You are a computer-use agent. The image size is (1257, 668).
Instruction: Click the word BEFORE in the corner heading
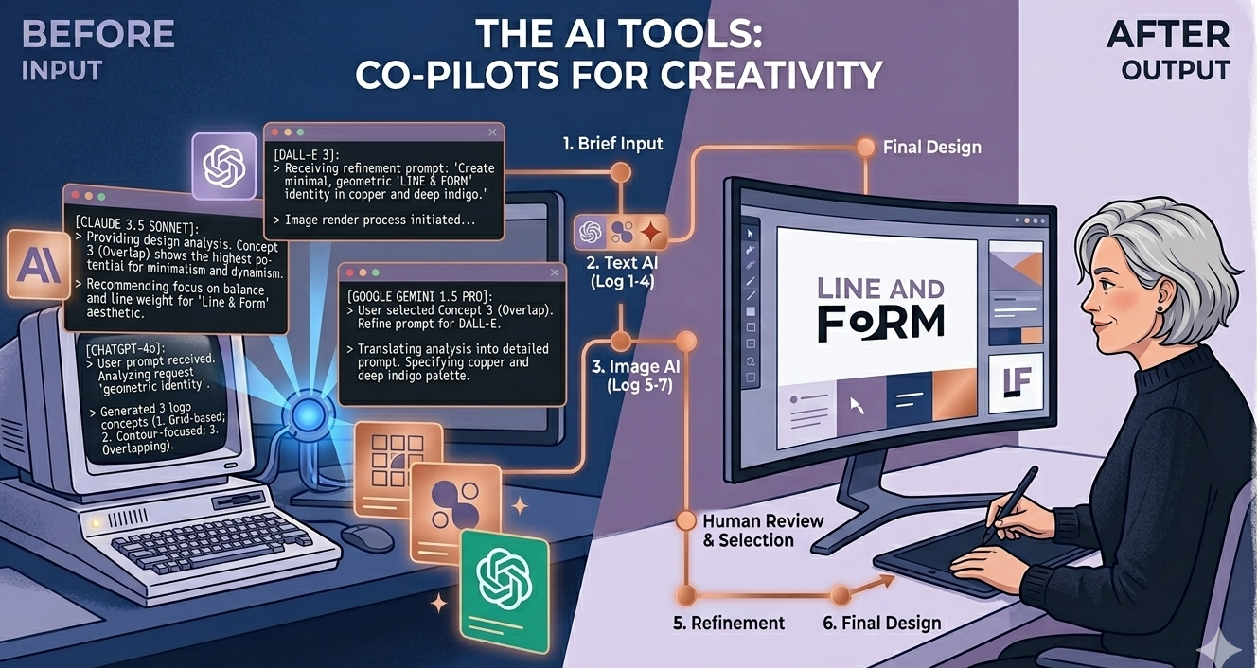[97, 34]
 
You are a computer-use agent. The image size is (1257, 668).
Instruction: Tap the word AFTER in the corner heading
[1168, 34]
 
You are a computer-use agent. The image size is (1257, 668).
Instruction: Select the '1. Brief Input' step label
[612, 144]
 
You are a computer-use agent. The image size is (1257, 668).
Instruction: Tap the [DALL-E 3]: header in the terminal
[308, 154]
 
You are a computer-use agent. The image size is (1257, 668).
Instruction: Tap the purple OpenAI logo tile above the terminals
[224, 166]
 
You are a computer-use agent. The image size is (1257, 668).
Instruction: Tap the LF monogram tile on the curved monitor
[1015, 383]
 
